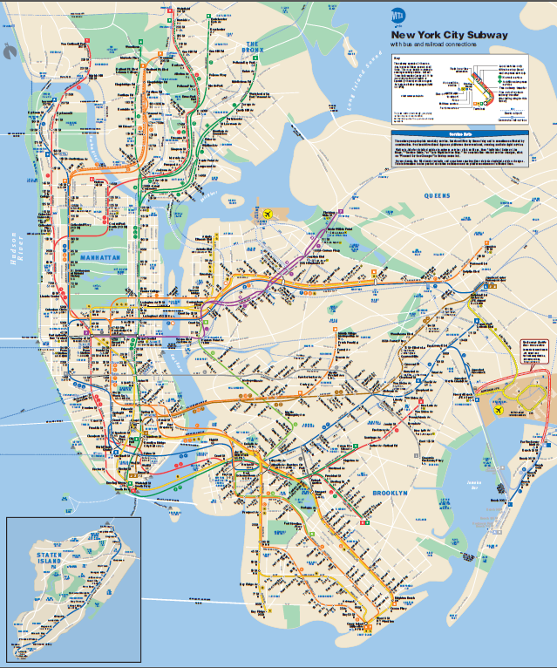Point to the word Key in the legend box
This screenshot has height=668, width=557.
[396, 56]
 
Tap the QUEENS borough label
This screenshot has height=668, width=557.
[438, 195]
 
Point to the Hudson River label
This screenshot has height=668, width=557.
[14, 251]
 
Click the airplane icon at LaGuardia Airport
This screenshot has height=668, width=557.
[268, 213]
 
